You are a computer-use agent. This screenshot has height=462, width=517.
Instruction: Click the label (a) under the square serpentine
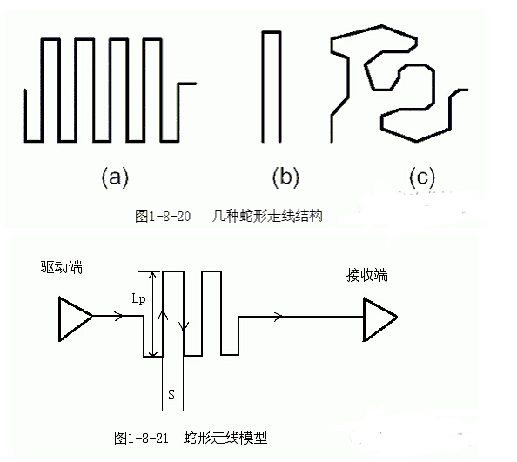point(115,178)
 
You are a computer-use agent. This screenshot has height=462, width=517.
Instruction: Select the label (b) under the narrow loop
point(285,178)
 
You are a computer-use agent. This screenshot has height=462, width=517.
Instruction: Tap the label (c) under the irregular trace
point(422,178)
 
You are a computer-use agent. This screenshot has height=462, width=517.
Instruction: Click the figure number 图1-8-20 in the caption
point(163,216)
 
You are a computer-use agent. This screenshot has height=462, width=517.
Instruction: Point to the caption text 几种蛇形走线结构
point(267,216)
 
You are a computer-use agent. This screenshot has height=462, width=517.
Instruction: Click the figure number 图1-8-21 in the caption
point(141,438)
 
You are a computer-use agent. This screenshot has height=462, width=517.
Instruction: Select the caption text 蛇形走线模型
point(225,438)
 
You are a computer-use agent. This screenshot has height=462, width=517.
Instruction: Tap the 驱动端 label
point(61,267)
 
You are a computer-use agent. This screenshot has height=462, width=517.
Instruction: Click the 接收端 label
point(367,275)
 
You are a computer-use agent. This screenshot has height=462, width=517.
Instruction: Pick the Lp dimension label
point(138,299)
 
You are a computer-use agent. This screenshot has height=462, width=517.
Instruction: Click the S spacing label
point(171,394)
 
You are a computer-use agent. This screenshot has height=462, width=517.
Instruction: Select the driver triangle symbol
point(75,318)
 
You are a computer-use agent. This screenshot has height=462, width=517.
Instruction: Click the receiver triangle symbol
point(380,319)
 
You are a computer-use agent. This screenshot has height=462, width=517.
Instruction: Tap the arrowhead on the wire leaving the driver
point(118,316)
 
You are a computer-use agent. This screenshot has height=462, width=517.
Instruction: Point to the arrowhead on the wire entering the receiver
point(278,317)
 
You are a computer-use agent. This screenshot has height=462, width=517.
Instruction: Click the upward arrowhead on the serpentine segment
point(163,315)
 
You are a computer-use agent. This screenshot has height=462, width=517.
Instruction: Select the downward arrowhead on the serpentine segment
point(184,325)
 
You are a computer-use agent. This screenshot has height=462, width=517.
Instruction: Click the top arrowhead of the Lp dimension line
point(152,276)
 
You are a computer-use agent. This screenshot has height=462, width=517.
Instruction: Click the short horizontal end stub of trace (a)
point(187,84)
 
